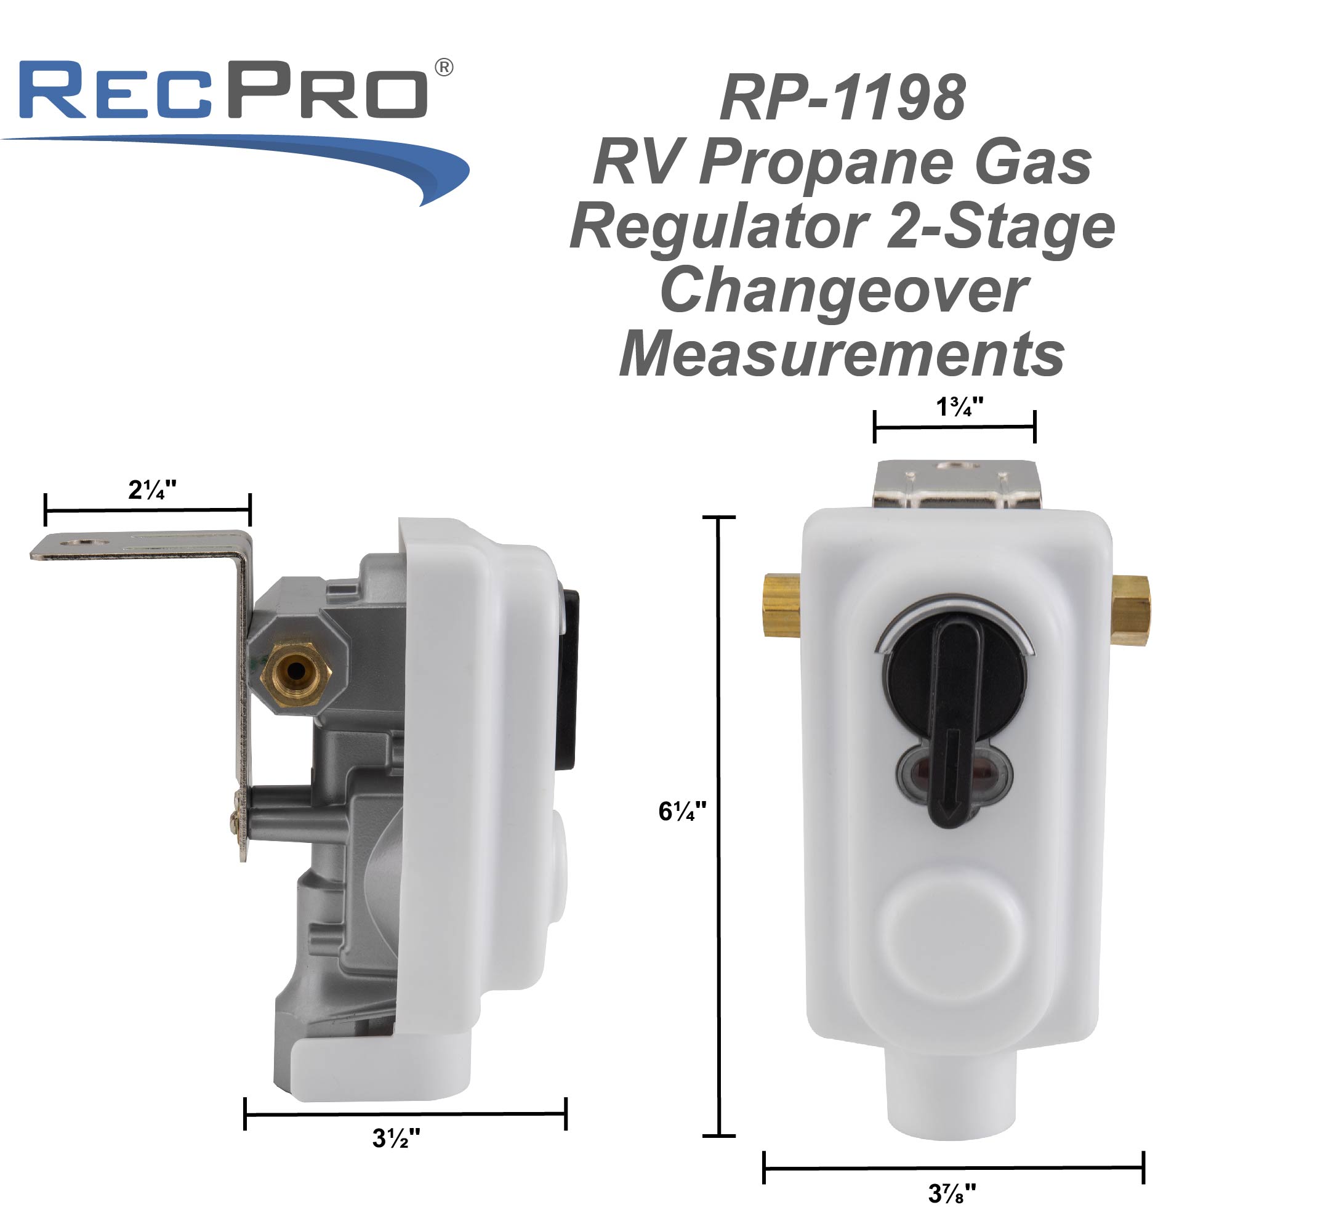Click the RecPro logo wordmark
coord(223,90)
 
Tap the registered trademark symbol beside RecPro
coord(444,68)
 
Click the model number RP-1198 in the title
coord(843,98)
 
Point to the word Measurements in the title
coord(843,355)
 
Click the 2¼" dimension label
coord(152,490)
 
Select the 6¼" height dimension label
coord(683,812)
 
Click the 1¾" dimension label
coord(959,407)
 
